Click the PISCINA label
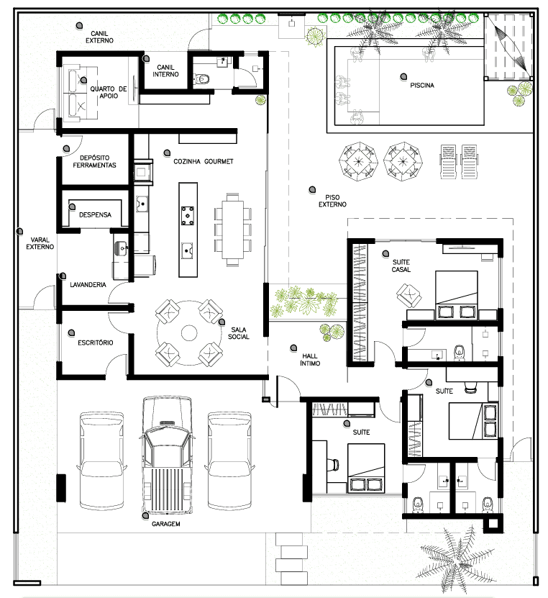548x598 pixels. (x=422, y=85)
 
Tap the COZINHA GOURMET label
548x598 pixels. (x=203, y=161)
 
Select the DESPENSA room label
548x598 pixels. (x=95, y=214)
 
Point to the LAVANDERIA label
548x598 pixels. (x=88, y=284)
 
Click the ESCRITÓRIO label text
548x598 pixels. (x=95, y=343)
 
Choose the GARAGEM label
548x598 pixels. (x=166, y=524)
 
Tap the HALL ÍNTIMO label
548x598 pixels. (x=310, y=360)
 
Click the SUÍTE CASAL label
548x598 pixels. (x=401, y=266)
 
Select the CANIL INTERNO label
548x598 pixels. (x=165, y=71)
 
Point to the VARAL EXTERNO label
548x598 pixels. (x=40, y=243)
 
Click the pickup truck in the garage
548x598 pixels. (x=167, y=455)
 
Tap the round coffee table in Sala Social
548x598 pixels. (x=189, y=333)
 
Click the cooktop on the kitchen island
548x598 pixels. (x=188, y=215)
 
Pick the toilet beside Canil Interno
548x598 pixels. (x=202, y=79)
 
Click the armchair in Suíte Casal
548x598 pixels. (x=409, y=295)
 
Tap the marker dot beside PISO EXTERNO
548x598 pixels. (x=312, y=189)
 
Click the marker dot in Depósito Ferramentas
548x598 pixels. (x=66, y=148)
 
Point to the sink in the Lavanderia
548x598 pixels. (x=122, y=248)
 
